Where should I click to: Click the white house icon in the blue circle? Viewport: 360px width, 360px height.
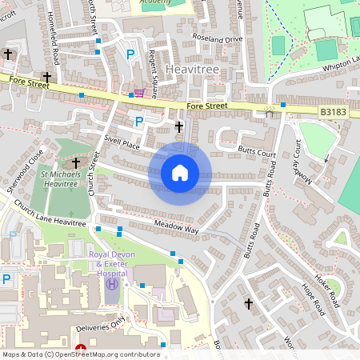[180, 172]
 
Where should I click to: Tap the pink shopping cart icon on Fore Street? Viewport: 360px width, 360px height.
[140, 94]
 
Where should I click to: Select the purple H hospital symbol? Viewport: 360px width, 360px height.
[112, 284]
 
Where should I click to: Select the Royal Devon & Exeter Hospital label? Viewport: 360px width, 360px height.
[111, 263]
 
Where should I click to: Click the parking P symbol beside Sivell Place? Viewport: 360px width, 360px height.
[139, 122]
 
